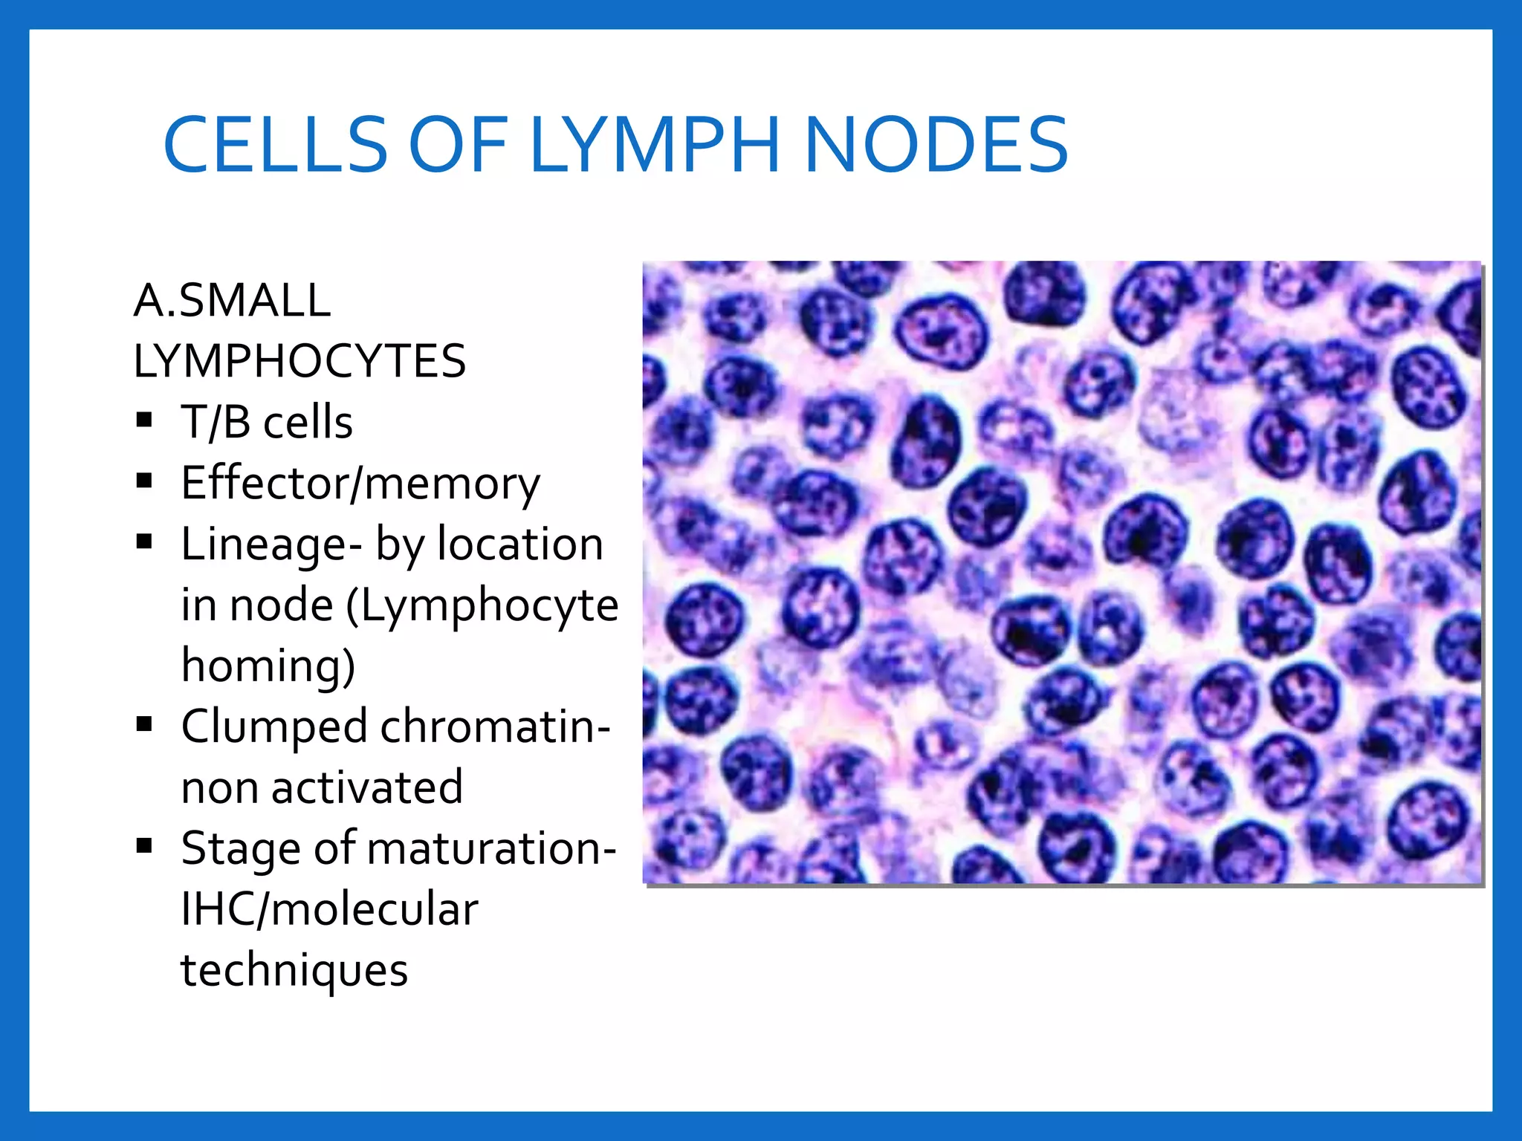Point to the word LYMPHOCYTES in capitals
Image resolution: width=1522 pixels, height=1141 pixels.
299,362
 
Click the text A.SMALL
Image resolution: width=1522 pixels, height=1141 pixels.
232,301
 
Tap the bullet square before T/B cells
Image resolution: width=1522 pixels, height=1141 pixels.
144,421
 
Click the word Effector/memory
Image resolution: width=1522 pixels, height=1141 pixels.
360,484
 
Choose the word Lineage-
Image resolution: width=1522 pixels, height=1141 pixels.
271,545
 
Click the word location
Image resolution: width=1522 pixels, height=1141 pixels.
520,545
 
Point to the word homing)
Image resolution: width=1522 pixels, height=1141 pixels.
268,666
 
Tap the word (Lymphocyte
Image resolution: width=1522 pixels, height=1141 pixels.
482,605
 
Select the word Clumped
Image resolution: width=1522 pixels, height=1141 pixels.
274,727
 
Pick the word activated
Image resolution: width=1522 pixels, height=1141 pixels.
367,787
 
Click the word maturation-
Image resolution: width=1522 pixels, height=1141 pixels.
491,848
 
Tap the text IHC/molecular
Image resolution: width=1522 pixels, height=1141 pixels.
329,909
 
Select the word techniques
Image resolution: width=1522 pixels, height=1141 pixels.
294,970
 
